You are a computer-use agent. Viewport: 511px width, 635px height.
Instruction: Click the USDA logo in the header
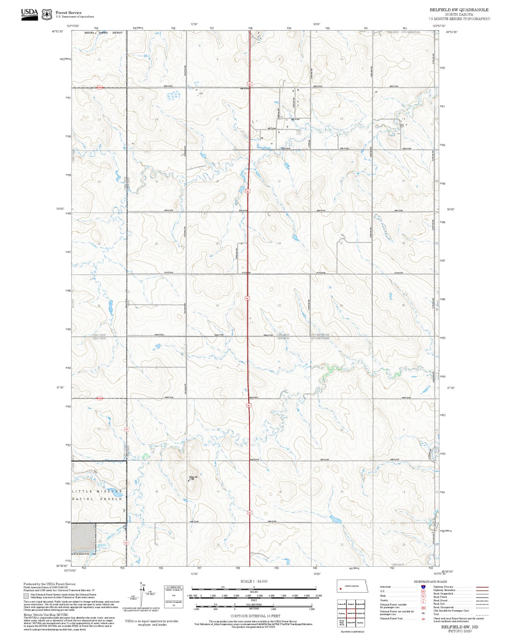(29, 14)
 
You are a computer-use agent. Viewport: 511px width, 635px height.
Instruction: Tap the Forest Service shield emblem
(47, 15)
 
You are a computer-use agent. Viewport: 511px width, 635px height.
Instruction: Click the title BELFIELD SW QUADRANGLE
(459, 10)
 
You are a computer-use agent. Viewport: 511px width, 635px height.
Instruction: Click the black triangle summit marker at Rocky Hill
(189, 481)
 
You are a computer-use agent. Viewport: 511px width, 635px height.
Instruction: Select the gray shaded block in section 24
(83, 538)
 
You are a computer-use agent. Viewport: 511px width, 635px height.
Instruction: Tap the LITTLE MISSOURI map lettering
(97, 491)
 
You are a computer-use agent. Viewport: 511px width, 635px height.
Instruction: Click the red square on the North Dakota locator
(340, 588)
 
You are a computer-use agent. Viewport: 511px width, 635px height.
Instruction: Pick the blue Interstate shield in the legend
(423, 587)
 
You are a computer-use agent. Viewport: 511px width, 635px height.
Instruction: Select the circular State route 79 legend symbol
(423, 596)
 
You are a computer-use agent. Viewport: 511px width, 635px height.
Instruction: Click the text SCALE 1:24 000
(254, 581)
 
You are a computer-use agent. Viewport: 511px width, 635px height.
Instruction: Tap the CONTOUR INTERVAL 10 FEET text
(255, 616)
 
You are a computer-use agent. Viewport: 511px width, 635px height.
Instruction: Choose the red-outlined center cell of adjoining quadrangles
(351, 613)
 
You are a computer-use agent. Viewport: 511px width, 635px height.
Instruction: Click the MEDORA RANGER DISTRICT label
(103, 33)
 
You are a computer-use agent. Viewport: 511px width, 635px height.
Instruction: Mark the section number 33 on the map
(279, 306)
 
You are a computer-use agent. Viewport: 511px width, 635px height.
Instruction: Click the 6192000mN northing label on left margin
(65, 59)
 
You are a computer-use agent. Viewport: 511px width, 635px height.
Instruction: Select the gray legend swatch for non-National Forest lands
(26, 596)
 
